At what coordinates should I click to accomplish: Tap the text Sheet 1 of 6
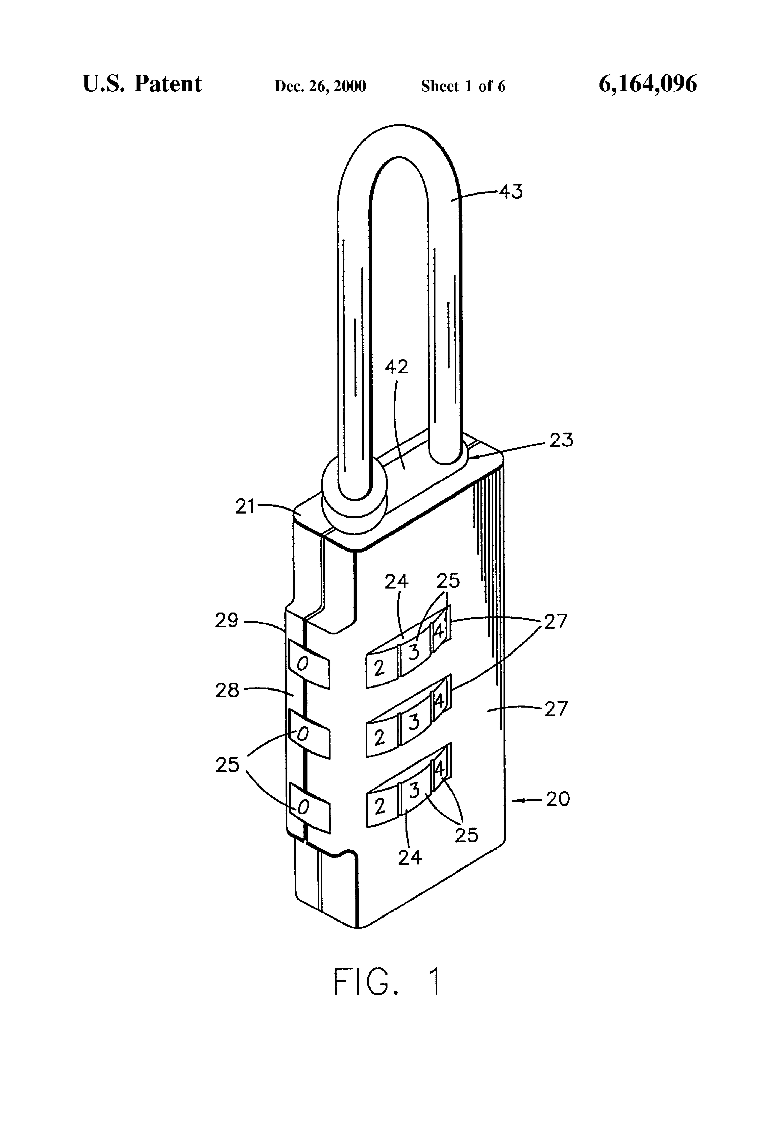[463, 86]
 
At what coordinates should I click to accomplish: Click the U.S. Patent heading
[142, 84]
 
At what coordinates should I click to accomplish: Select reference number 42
[396, 367]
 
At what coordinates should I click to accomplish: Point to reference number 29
[227, 620]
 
